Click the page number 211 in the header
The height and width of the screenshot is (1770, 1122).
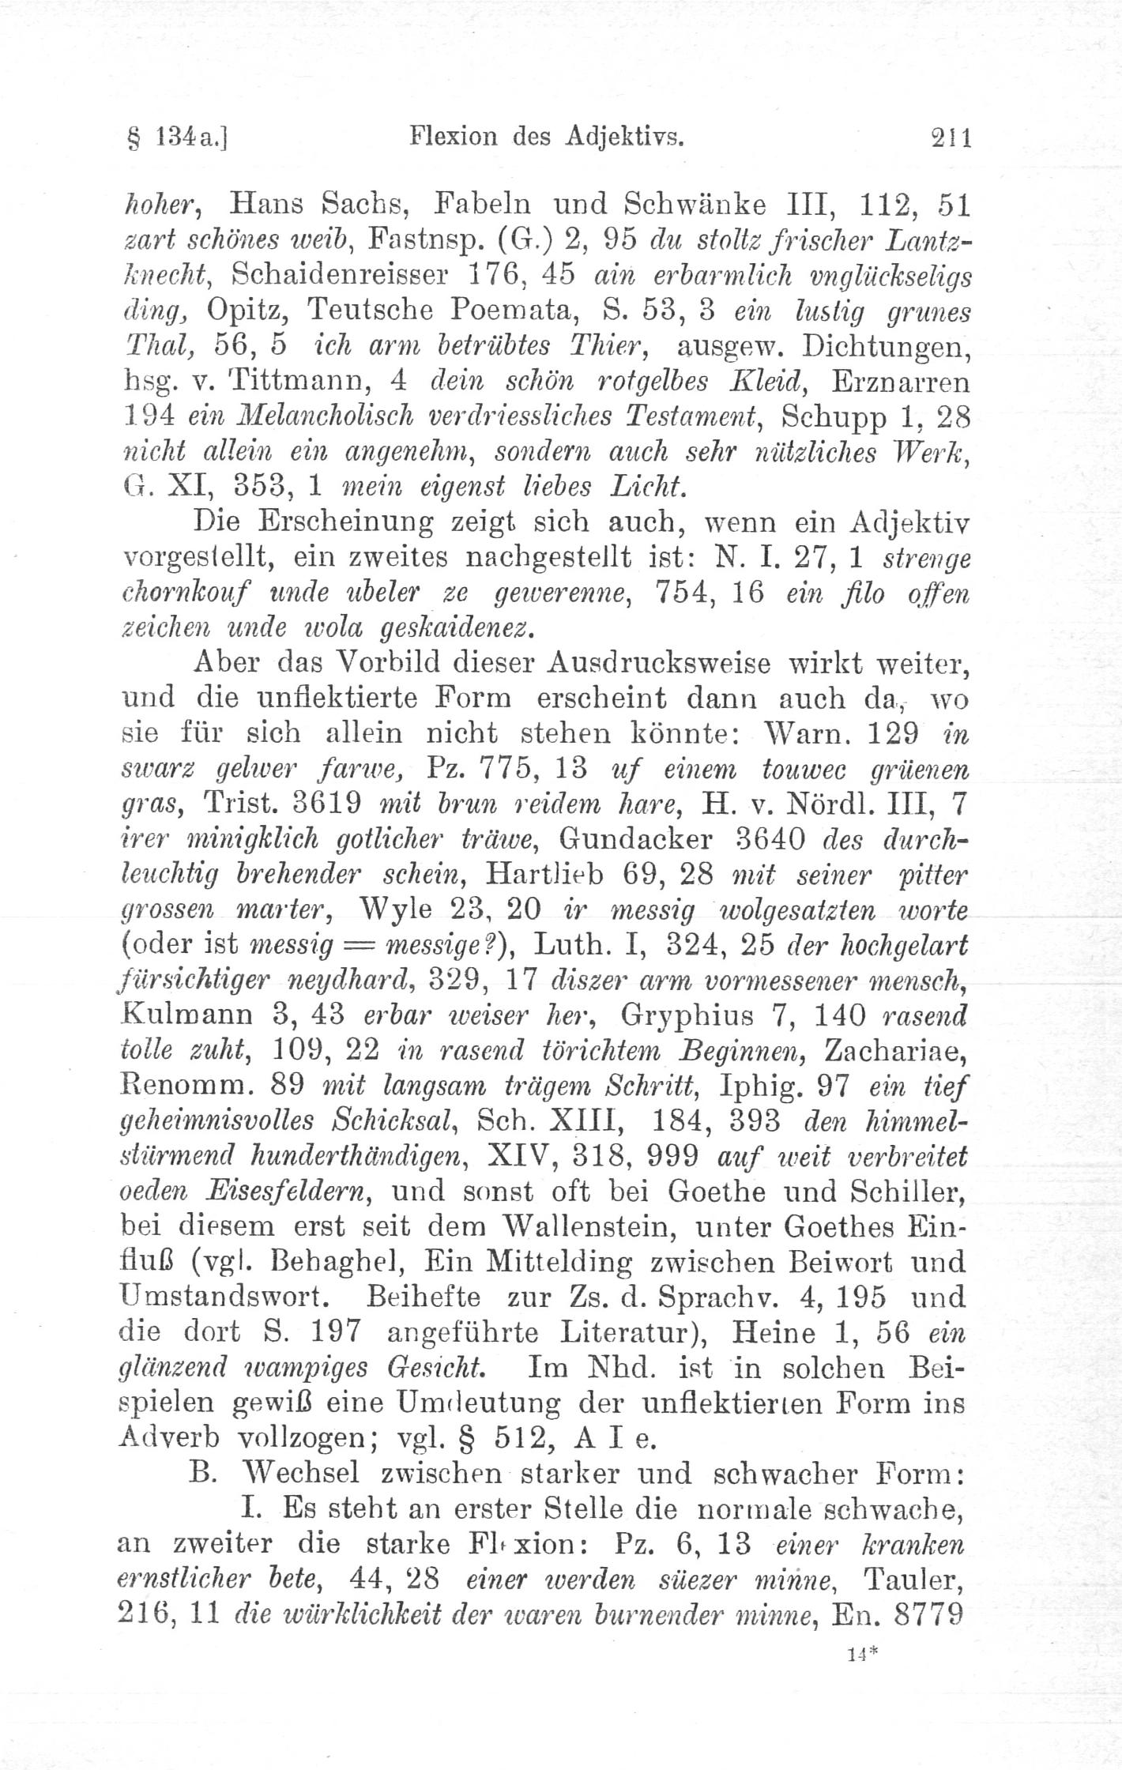click(950, 139)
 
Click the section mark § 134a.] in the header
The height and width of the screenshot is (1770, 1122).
click(176, 140)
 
